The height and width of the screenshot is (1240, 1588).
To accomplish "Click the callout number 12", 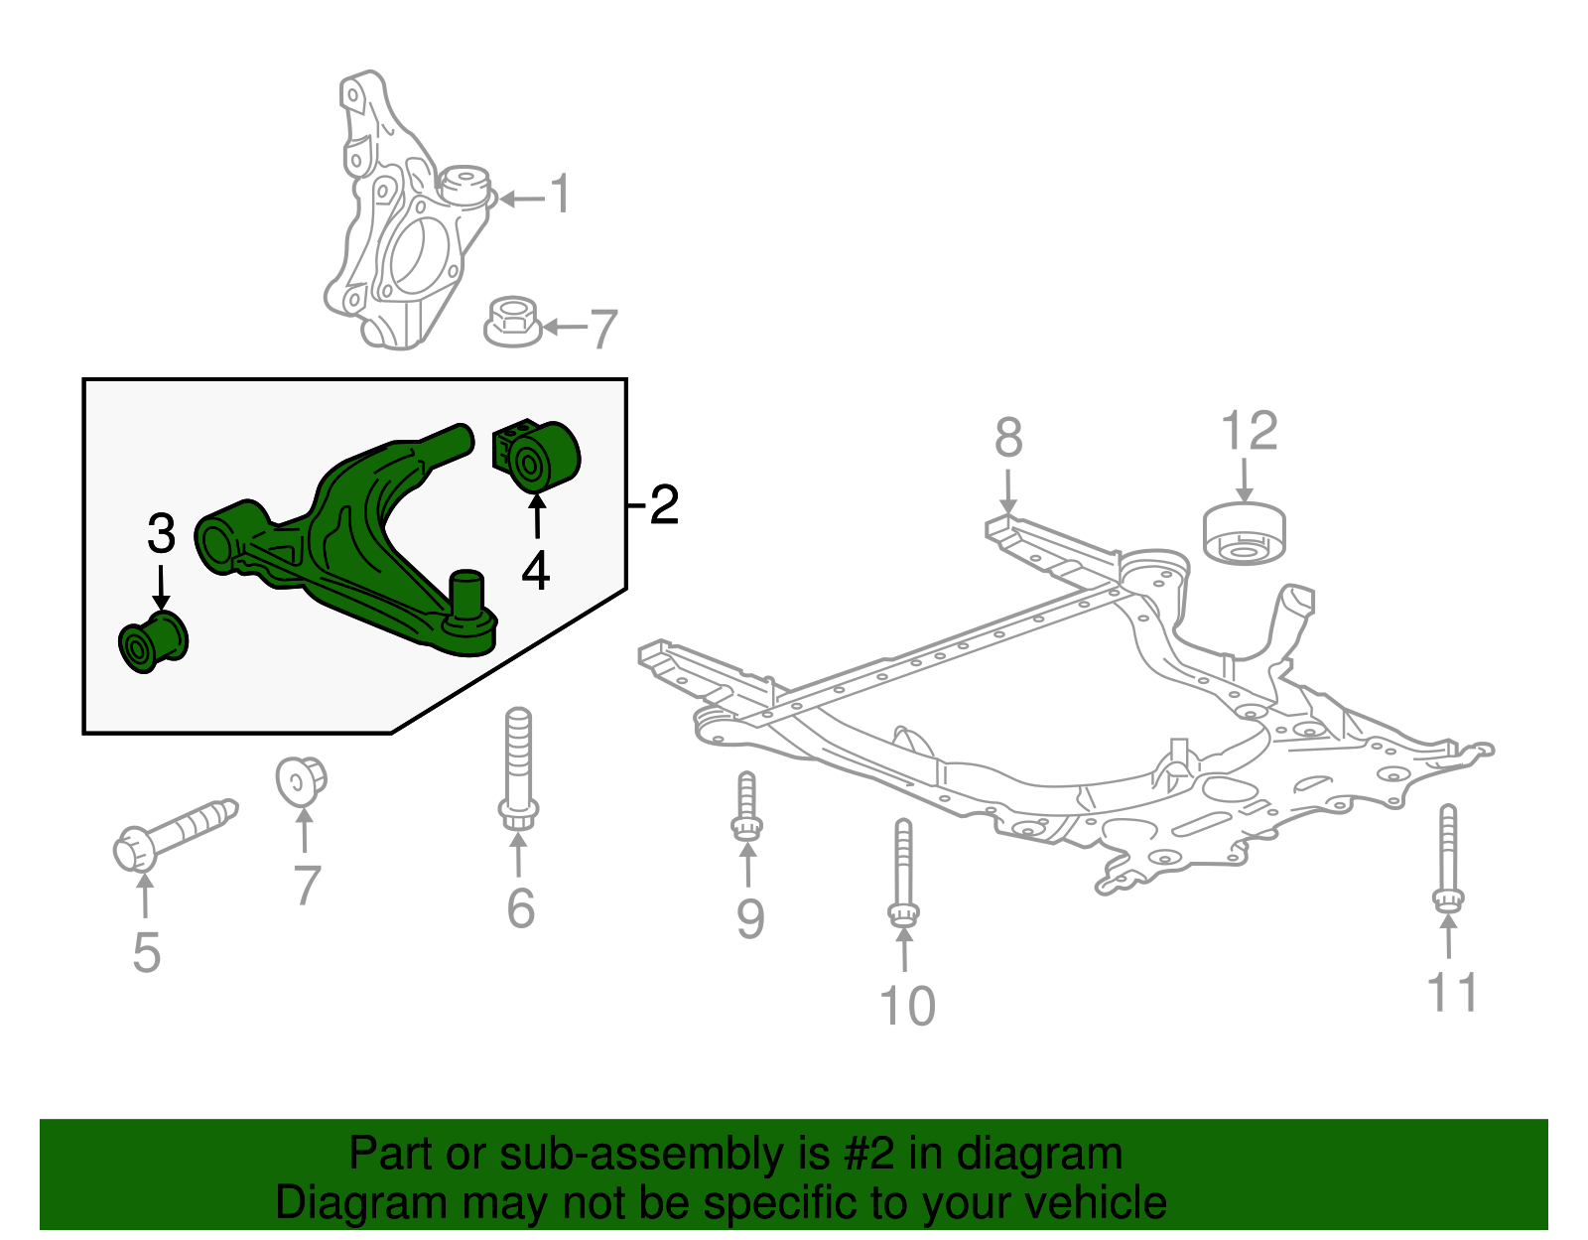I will pos(1249,432).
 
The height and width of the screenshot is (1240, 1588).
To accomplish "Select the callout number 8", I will pos(1008,438).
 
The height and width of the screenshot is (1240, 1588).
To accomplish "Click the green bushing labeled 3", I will pos(152,642).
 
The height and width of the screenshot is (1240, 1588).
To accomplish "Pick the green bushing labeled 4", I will pos(537,456).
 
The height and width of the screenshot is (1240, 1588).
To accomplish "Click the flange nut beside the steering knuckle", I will pos(512,321).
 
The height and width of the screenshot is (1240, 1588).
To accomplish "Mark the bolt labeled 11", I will pos(1448,858).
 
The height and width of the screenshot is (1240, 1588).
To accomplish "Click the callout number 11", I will pos(1452,992).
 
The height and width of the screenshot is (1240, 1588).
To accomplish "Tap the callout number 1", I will pos(561,194).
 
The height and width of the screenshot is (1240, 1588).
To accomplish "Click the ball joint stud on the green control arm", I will pos(465,595).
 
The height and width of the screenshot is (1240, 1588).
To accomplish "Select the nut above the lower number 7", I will pos(302,779).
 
